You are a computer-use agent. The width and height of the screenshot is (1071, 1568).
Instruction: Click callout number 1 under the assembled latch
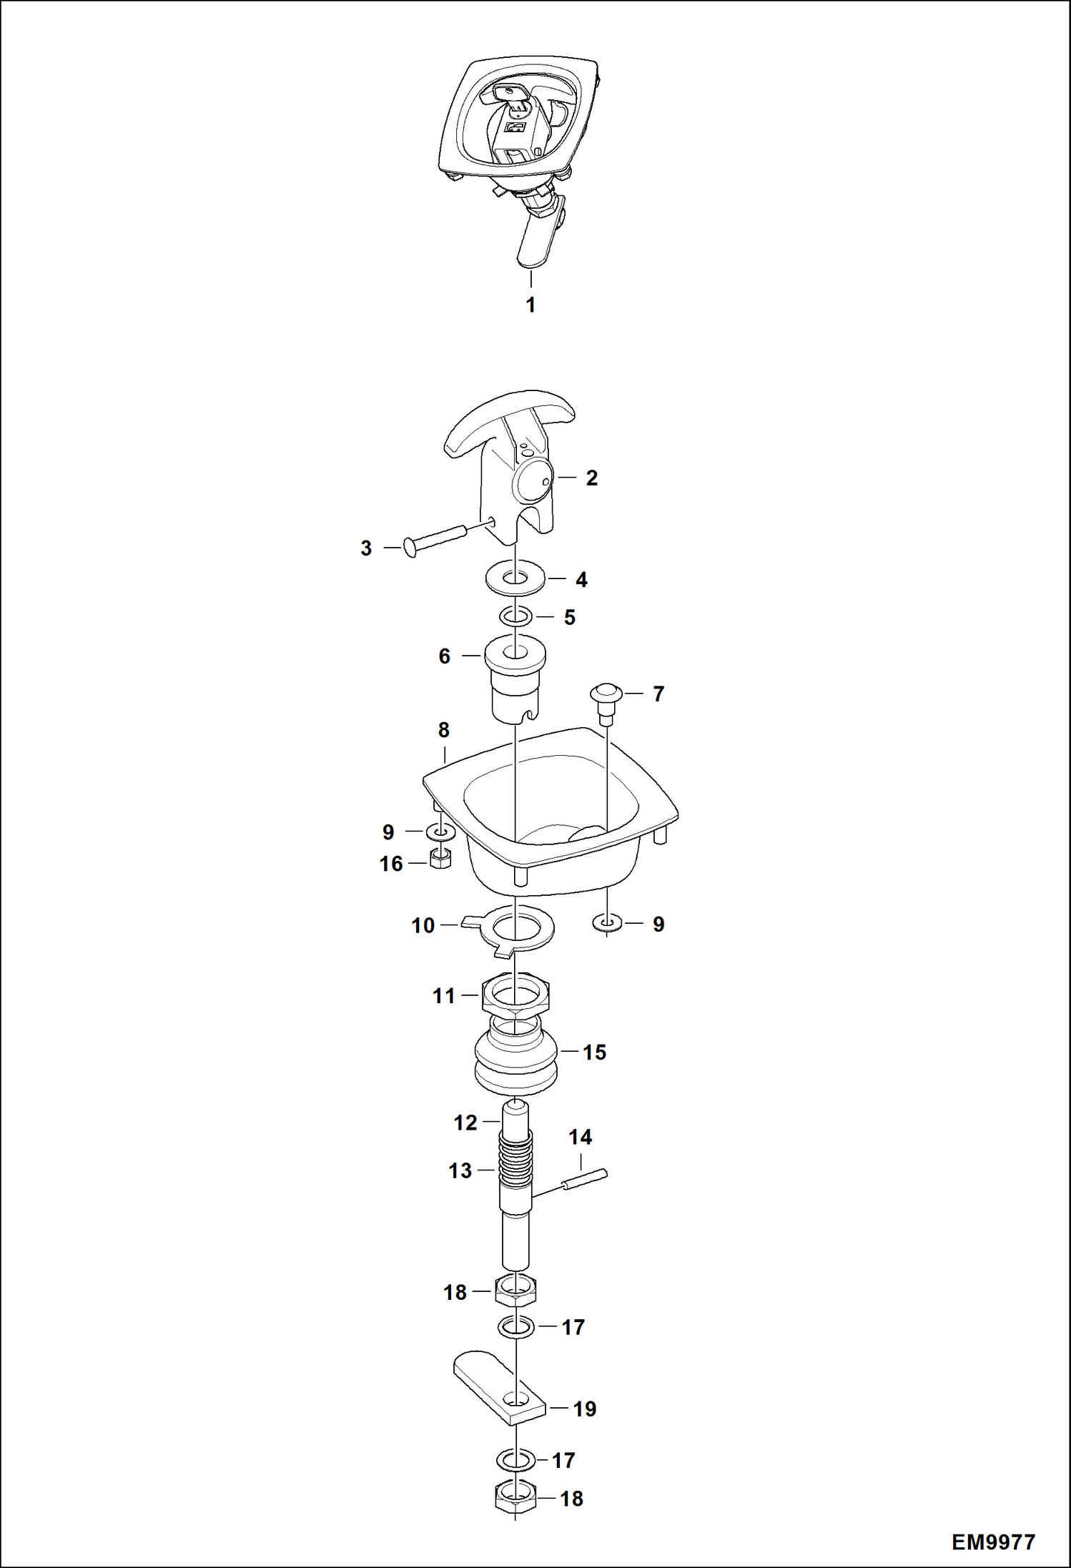click(x=530, y=305)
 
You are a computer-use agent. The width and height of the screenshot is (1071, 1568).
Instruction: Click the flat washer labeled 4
click(x=515, y=576)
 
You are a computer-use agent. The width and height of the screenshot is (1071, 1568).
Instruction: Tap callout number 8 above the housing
click(x=443, y=730)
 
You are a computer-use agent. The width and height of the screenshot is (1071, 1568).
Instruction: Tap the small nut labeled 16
click(x=440, y=859)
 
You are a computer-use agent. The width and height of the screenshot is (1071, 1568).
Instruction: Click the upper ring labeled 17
click(x=515, y=1327)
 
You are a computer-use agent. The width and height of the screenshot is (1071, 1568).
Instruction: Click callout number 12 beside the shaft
click(x=465, y=1123)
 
